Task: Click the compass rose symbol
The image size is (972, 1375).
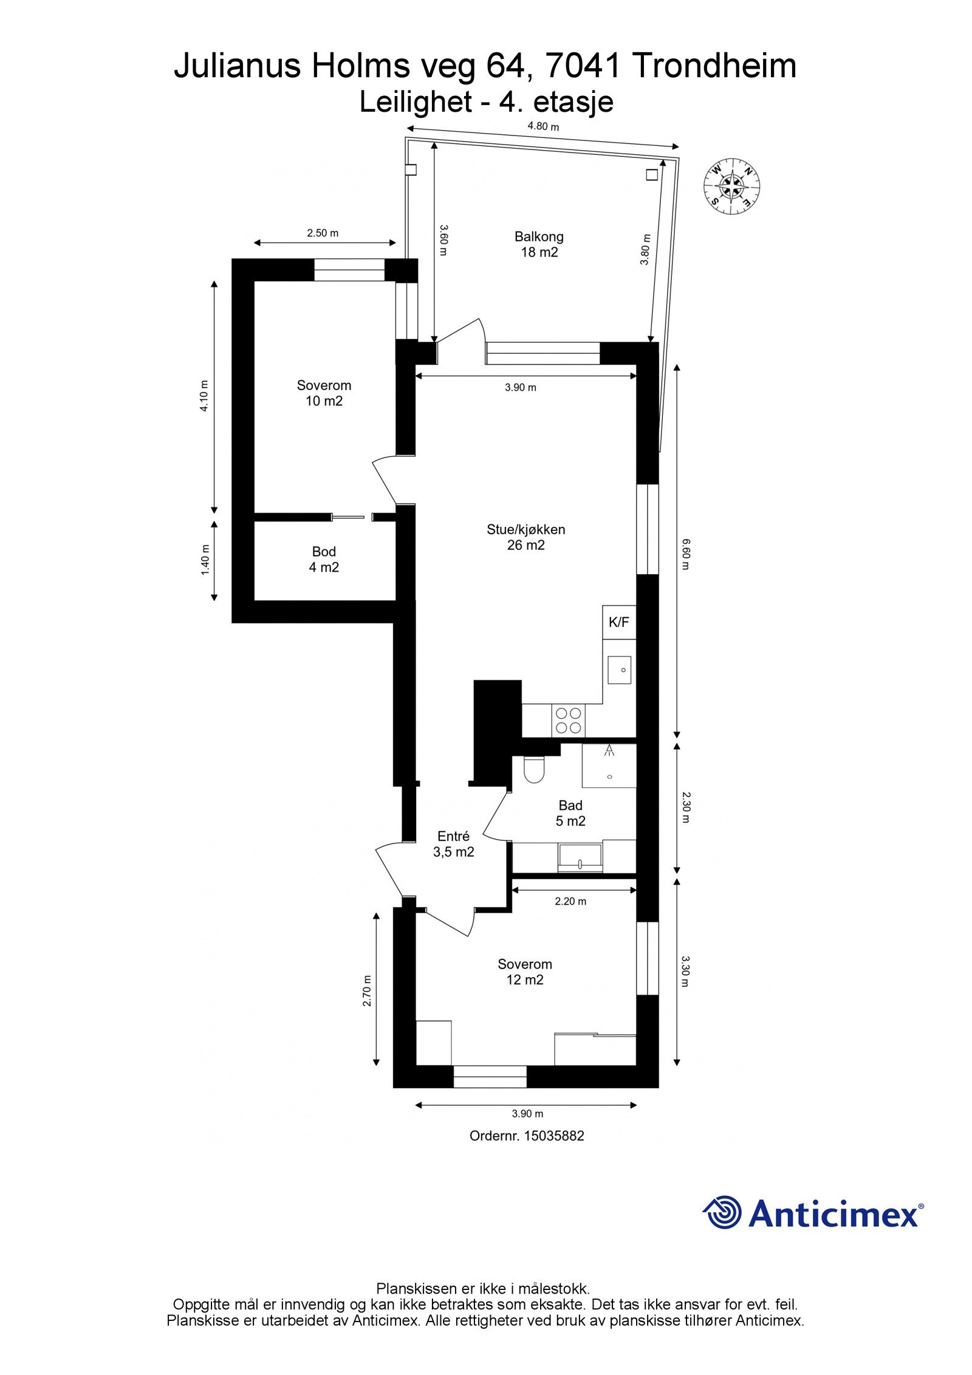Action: pyautogui.click(x=732, y=186)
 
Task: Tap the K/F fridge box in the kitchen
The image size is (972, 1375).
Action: pyautogui.click(x=618, y=622)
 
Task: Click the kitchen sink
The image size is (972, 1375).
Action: pyautogui.click(x=620, y=670)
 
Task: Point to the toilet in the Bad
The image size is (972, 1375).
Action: pyautogui.click(x=535, y=770)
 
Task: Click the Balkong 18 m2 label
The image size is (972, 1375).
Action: pyautogui.click(x=539, y=244)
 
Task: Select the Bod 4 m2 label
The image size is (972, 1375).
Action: pyautogui.click(x=324, y=559)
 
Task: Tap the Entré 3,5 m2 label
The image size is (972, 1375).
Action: pyautogui.click(x=453, y=844)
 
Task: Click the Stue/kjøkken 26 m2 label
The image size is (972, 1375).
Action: pyautogui.click(x=525, y=537)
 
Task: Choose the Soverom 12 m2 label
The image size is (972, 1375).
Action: pyautogui.click(x=524, y=972)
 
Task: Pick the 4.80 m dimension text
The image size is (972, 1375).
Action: pyautogui.click(x=542, y=126)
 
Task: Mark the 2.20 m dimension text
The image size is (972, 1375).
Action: pyautogui.click(x=570, y=901)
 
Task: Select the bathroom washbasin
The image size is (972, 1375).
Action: pyautogui.click(x=580, y=857)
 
